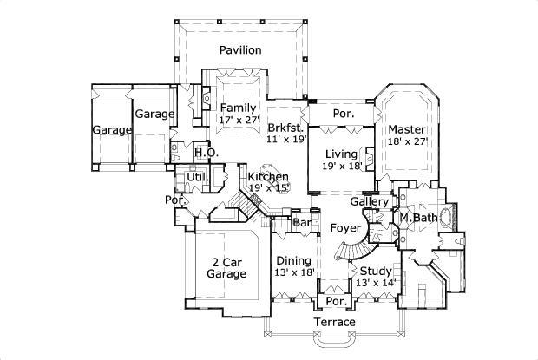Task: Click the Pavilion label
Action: [x=239, y=50]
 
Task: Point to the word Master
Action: [x=406, y=128]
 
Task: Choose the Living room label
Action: [x=341, y=154]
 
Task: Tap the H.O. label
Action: [x=205, y=154]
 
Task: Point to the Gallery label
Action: [x=368, y=202]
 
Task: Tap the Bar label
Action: [x=302, y=223]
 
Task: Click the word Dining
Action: [x=293, y=260]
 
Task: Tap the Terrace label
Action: [x=335, y=323]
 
